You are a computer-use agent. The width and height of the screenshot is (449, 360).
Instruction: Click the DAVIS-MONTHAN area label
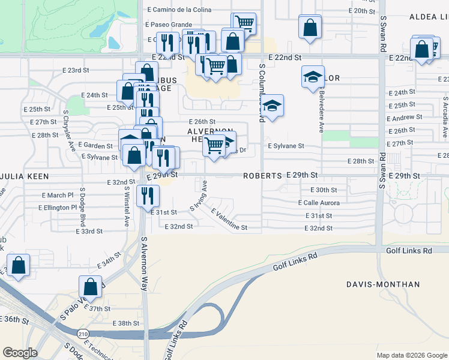[x=383, y=284]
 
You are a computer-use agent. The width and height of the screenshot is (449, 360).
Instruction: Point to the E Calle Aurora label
[x=318, y=203]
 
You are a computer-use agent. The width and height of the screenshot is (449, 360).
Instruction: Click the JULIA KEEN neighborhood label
[x=24, y=176]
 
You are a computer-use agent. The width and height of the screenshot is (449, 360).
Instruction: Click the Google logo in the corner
[x=20, y=353]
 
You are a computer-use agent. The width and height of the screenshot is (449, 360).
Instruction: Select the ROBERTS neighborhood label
[x=262, y=176]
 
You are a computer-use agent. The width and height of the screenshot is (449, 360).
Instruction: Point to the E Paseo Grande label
[x=169, y=25]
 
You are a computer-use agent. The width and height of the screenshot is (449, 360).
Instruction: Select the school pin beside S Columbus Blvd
[x=273, y=106]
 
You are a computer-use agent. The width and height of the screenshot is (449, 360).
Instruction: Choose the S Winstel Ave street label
[x=127, y=207]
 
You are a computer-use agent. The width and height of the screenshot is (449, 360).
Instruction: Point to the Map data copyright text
[x=411, y=355]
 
